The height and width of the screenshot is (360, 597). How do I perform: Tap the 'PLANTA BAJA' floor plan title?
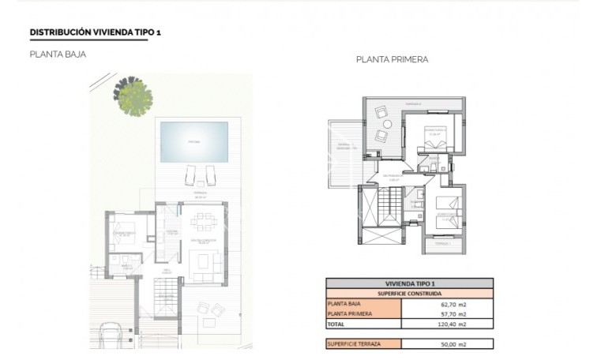58,54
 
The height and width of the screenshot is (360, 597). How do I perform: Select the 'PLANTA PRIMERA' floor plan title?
392,59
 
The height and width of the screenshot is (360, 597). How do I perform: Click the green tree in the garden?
133,94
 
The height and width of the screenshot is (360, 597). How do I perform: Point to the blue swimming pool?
194,142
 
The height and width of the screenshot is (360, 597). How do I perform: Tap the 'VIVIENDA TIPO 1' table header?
409,283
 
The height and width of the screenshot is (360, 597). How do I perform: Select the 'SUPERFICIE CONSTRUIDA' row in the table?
409,293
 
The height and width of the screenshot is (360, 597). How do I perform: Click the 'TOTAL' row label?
338,324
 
